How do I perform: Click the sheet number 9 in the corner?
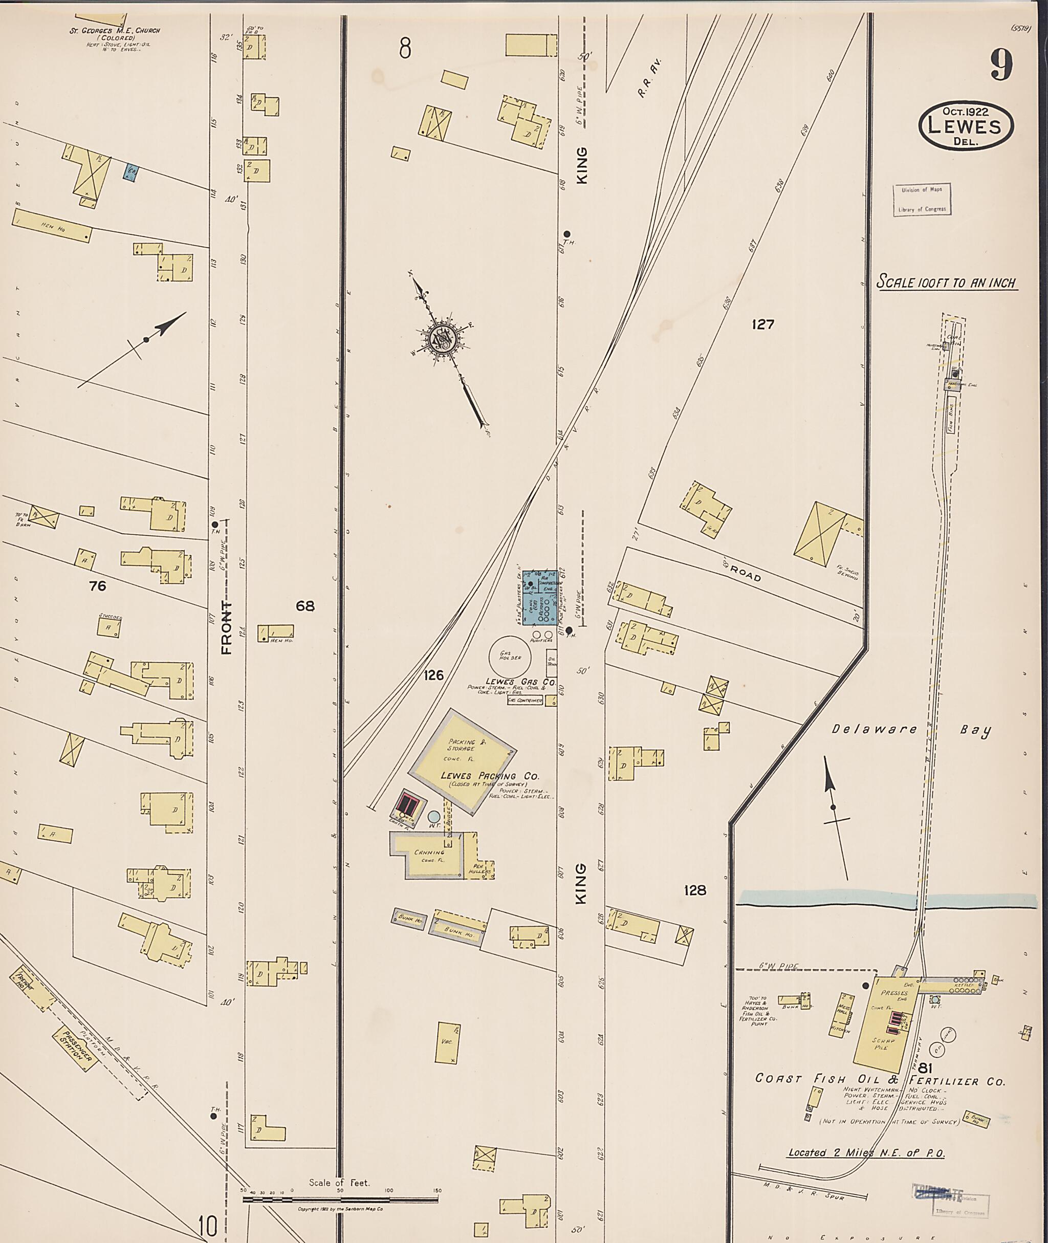(x=1001, y=66)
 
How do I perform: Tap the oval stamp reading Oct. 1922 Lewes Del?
(x=966, y=125)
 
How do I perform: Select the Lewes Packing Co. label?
(x=490, y=776)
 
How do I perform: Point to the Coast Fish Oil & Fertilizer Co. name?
(x=879, y=1080)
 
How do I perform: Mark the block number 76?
(x=97, y=586)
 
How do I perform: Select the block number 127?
(x=763, y=324)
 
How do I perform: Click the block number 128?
(x=694, y=890)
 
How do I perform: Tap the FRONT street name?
(x=226, y=627)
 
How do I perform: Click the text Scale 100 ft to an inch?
(x=947, y=283)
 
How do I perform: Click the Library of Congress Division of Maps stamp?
(x=922, y=199)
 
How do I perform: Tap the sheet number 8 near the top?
(x=405, y=48)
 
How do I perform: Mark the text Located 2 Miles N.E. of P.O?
(x=866, y=1153)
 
